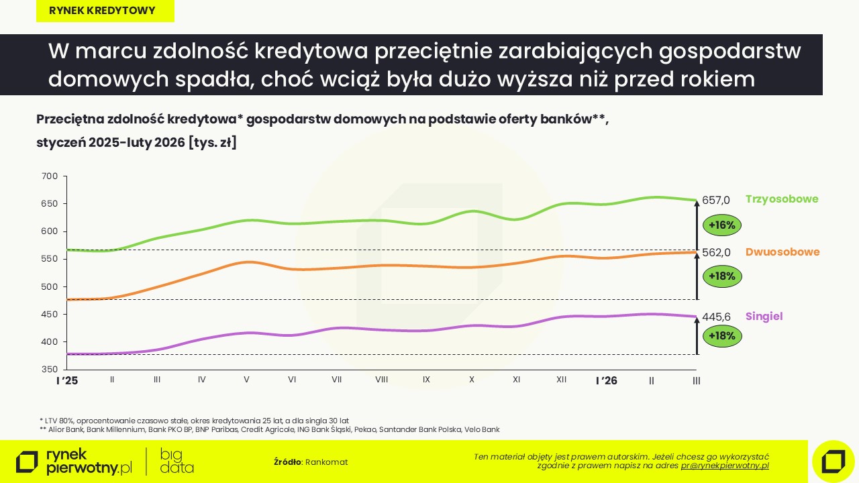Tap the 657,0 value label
716,200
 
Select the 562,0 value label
716,253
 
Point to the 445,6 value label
716,317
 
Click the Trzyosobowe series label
782,199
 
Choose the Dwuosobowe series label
782,252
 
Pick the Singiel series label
764,317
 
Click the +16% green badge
722,225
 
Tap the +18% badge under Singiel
722,335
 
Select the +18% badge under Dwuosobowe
722,276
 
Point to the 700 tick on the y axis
50,176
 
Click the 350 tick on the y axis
50,370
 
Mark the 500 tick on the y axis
50,287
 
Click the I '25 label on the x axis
66,380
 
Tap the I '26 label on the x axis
607,380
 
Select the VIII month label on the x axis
382,380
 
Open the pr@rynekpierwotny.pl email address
725,466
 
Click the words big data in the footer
176,461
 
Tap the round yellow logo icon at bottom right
833,462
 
